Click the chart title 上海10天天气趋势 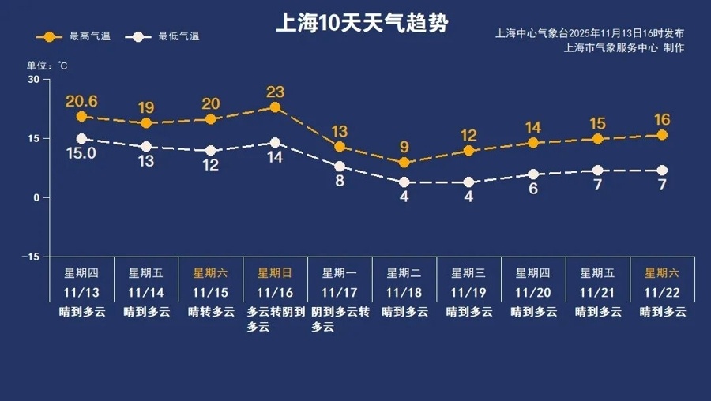point(361,24)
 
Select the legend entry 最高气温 point(78,36)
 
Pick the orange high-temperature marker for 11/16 point(275,107)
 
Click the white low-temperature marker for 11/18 point(404,182)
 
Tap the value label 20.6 point(81,101)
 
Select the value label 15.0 point(81,153)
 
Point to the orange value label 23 point(275,92)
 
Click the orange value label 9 point(404,147)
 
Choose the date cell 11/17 point(340,292)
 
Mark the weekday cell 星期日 point(275,273)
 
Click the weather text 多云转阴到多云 point(275,319)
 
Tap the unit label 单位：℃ point(47,65)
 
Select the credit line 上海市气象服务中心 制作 point(624,48)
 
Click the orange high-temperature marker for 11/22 point(662,135)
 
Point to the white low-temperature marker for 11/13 point(81,139)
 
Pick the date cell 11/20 point(533,292)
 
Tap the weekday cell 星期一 point(340,273)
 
